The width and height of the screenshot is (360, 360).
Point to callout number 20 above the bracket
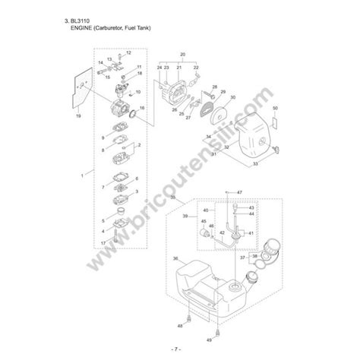(182, 55)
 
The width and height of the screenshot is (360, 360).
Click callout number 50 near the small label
(275, 109)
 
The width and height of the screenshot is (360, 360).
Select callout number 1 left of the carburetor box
(81, 175)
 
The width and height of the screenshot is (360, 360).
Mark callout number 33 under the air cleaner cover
(254, 163)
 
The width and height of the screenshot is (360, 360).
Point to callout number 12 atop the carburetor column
(128, 52)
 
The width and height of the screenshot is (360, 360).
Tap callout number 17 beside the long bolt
(103, 242)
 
